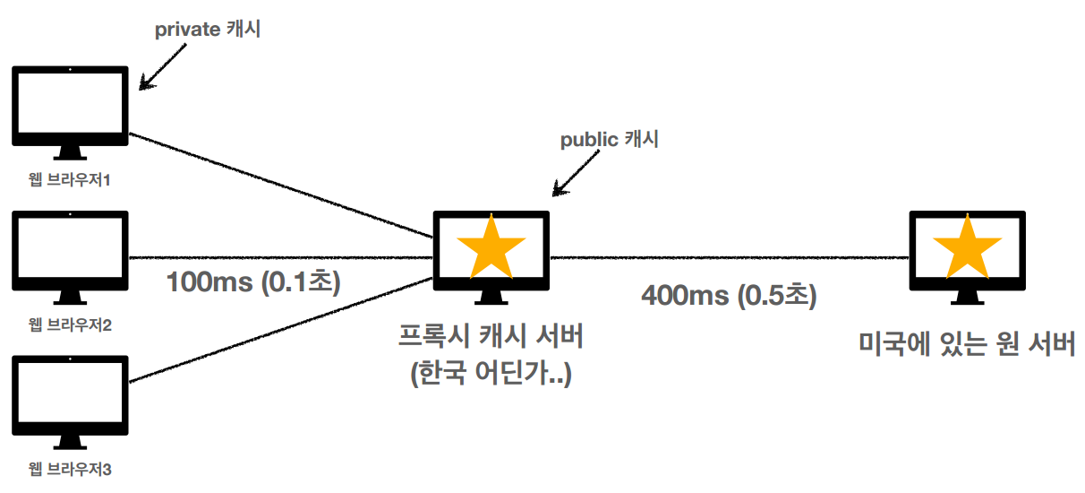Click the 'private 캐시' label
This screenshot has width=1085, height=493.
(208, 29)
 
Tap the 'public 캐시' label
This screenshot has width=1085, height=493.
(609, 140)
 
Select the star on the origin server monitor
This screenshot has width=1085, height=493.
(967, 249)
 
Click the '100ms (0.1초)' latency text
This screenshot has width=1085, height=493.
(253, 282)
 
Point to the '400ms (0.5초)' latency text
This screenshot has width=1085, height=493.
(729, 295)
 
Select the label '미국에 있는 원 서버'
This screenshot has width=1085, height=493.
(967, 343)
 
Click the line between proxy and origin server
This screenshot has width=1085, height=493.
(729, 257)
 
